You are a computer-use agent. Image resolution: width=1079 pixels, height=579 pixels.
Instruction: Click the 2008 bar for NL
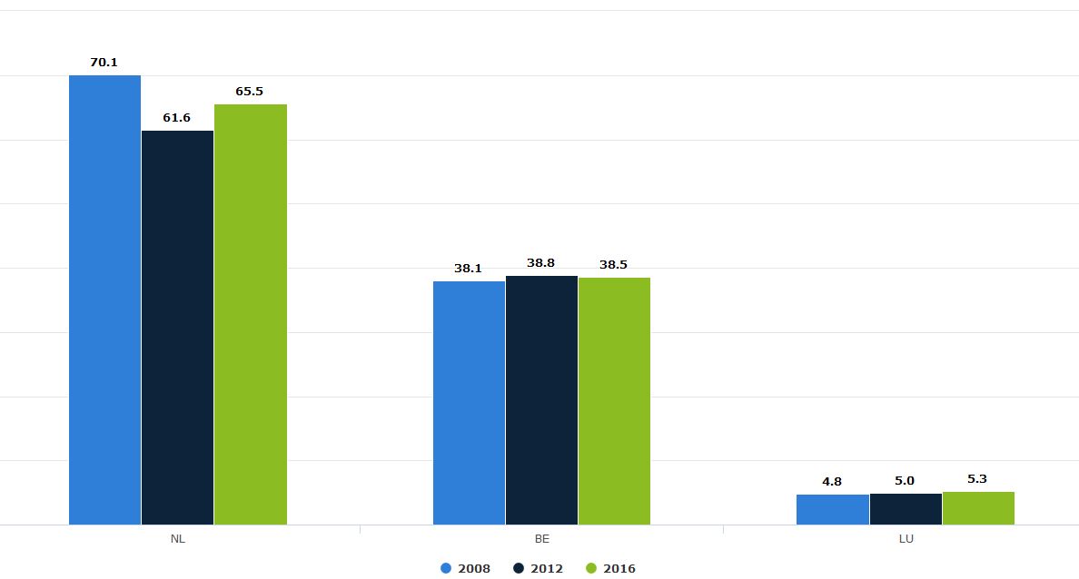104,299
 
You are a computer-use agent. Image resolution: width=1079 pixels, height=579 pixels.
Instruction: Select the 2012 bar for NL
177,328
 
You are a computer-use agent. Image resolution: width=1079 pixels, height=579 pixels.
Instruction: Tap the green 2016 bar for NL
251,314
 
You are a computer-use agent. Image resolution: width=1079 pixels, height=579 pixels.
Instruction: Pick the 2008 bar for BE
469,403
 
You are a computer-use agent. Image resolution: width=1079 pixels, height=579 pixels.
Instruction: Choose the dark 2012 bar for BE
541,400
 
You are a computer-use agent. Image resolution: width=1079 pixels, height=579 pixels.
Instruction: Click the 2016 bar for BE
614,401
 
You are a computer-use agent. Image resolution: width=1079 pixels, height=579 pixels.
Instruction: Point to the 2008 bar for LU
832,509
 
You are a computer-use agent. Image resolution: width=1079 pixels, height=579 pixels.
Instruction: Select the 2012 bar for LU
906,509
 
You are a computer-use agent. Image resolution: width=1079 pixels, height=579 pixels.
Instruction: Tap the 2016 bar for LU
978,508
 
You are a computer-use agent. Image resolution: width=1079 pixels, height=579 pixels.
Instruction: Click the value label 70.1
104,63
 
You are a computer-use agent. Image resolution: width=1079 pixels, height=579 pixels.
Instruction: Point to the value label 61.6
176,118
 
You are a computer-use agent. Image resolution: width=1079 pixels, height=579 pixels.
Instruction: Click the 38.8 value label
540,263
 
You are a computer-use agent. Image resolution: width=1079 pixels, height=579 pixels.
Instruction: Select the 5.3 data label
977,479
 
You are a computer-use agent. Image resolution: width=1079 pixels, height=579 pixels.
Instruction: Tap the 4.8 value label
831,482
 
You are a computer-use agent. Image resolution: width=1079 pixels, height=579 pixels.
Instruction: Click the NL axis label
177,539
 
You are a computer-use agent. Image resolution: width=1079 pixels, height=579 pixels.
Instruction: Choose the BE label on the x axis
541,539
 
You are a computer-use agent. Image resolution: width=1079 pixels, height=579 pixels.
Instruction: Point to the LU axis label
906,539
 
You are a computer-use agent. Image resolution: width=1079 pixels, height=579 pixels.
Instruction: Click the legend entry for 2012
538,569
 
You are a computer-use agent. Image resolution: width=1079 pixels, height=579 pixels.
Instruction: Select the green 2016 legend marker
591,569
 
